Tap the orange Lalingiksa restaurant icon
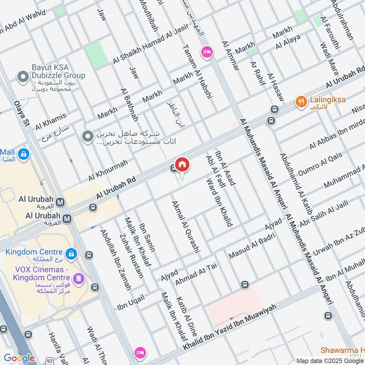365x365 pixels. pos(300,101)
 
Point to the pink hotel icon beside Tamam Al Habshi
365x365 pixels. pos(207,52)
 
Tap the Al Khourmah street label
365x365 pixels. pos(108,169)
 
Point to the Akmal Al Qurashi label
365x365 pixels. pos(186,227)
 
